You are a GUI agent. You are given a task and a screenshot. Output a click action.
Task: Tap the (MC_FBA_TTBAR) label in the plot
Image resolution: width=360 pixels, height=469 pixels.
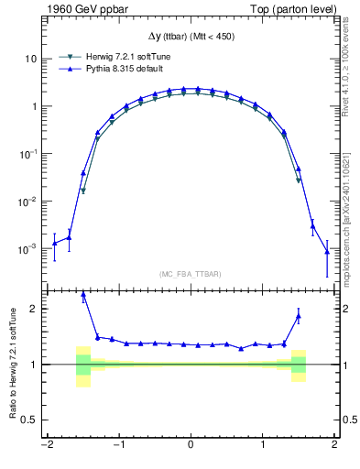[190, 274]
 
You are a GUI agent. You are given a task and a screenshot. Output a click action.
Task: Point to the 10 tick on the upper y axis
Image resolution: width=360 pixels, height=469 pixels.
[32, 59]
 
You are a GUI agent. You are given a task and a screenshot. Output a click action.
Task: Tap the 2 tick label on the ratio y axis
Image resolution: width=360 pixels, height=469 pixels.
[35, 309]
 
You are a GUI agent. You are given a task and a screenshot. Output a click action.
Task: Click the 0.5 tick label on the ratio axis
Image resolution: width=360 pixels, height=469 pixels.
[30, 420]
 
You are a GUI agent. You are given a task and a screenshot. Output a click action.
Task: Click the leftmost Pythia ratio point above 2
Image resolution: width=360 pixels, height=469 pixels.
[83, 296]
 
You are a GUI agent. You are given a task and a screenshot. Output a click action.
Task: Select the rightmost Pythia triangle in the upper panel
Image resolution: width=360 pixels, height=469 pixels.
[327, 251]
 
